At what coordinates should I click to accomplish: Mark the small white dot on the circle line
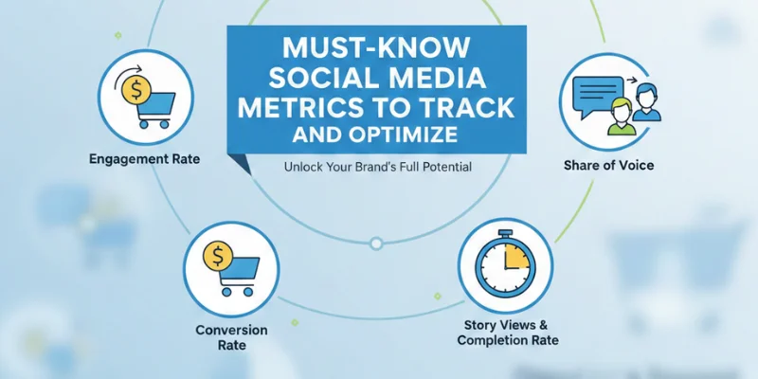click(376, 244)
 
